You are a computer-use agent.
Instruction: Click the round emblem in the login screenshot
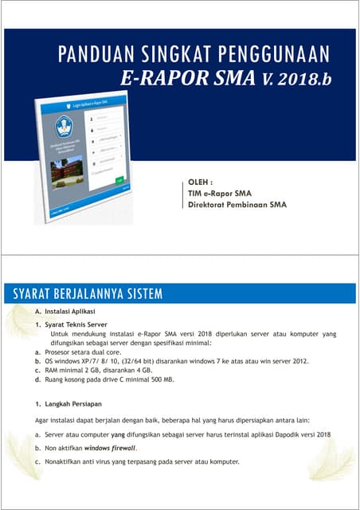point(64,127)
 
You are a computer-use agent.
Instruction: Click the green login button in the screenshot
point(119,180)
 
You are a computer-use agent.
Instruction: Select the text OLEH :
point(200,181)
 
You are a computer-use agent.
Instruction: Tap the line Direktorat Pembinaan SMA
point(236,204)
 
